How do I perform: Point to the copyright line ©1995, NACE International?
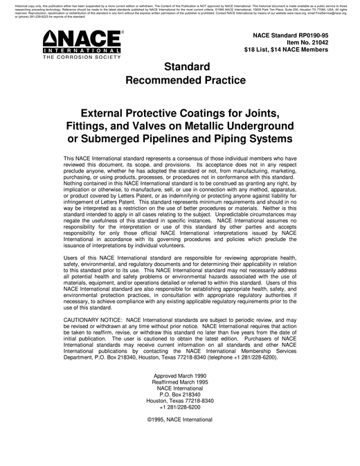pyautogui.click(x=180, y=420)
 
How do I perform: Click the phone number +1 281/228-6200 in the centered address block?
pyautogui.click(x=180, y=407)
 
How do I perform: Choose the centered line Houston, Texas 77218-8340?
pyautogui.click(x=180, y=401)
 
